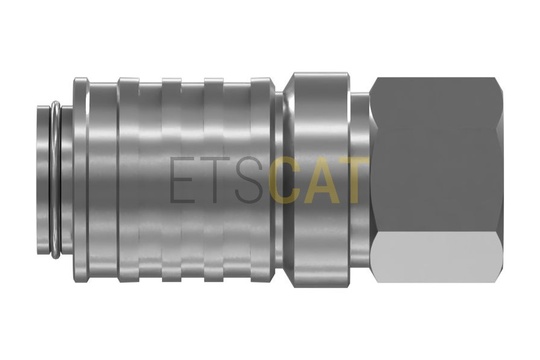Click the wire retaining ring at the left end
[55, 179]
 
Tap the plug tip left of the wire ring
[43, 179]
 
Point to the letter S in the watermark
[250, 180]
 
